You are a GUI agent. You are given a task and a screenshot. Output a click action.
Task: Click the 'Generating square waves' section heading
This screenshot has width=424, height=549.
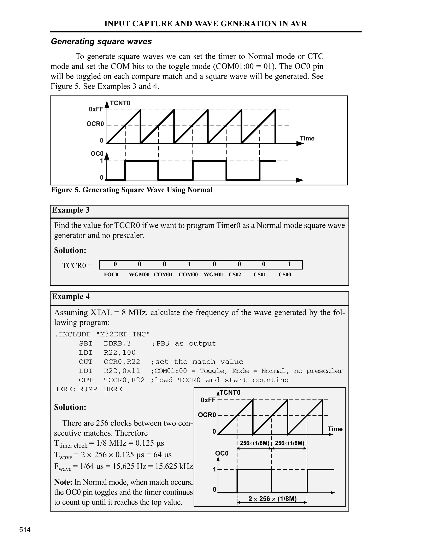click(x=101, y=41)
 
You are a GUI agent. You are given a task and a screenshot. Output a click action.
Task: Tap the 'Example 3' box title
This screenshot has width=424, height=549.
click(x=71, y=210)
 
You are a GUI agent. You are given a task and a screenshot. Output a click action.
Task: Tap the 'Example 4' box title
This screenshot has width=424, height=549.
click(x=71, y=296)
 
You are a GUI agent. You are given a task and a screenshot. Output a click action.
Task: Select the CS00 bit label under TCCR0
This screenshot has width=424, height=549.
click(x=285, y=274)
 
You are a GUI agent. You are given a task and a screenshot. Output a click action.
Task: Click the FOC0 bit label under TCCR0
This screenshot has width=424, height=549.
click(x=111, y=274)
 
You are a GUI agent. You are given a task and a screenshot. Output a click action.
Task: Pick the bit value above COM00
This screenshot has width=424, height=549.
click(x=189, y=264)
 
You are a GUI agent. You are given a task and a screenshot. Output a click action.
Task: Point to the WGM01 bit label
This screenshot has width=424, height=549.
click(x=214, y=274)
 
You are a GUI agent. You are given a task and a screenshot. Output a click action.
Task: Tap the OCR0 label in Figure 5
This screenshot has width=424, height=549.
click(x=95, y=124)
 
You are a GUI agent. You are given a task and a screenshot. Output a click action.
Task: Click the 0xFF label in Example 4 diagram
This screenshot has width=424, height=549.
click(x=208, y=400)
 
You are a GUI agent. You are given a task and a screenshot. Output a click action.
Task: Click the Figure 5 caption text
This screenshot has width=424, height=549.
click(x=132, y=190)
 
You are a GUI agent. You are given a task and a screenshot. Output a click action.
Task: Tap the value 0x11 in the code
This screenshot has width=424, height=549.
click(x=131, y=371)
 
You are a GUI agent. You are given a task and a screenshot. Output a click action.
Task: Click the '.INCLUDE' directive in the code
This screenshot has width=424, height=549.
click(x=72, y=334)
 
